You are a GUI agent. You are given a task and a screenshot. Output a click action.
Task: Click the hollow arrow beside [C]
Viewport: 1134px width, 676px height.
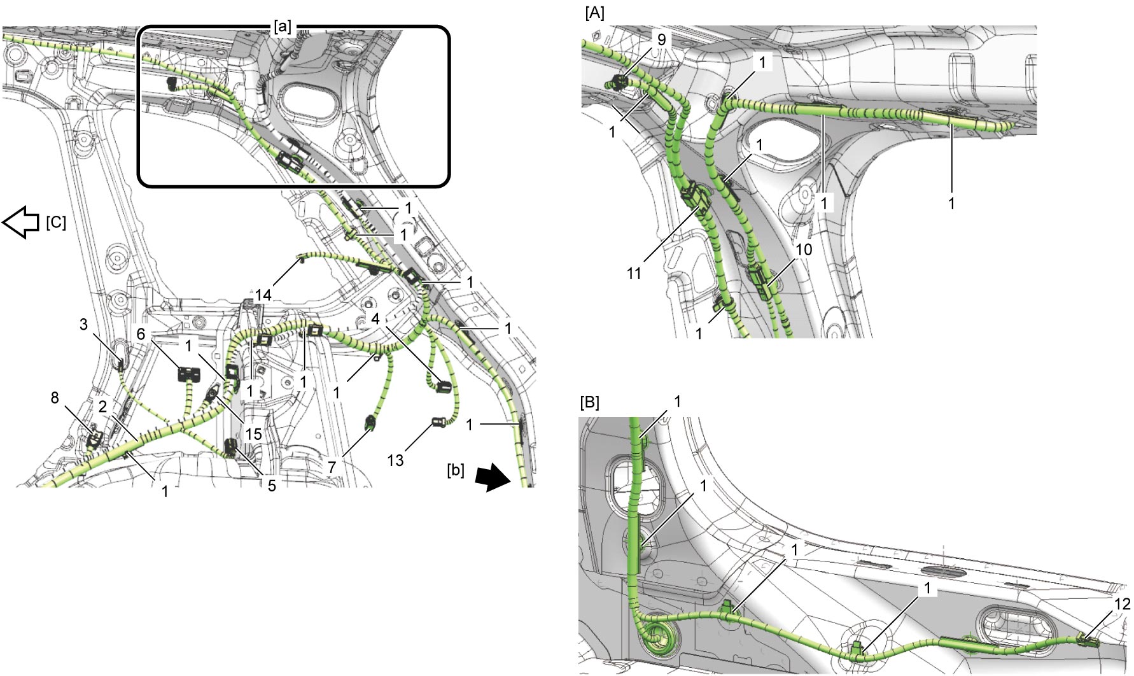coord(22,222)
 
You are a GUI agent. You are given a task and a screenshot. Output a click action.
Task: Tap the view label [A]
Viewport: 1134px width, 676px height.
coord(594,13)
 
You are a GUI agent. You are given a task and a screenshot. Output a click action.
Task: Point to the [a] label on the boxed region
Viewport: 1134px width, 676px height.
coord(283,27)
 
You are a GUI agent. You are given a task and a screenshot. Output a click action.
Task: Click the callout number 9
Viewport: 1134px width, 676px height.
coord(661,39)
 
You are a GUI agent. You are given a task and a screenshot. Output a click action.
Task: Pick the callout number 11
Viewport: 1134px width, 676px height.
coord(634,274)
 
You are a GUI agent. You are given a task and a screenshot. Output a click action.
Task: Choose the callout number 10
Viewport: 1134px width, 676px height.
coord(804,250)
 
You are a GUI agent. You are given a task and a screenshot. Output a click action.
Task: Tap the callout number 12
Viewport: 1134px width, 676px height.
coord(1123,603)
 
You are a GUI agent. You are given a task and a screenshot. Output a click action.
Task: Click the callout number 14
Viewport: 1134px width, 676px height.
coord(263,295)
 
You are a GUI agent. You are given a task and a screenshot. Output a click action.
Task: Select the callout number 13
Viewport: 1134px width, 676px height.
coord(395,460)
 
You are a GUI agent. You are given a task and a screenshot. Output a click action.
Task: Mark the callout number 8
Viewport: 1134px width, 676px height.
coord(55,398)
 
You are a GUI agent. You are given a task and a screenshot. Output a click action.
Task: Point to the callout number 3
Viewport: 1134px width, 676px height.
coord(83,325)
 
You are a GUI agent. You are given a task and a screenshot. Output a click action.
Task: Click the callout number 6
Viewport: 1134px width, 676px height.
coord(141,334)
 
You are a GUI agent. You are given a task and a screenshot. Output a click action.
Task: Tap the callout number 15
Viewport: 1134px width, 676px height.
coord(254,433)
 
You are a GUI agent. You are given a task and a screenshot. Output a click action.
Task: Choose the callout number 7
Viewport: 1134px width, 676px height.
coord(332,467)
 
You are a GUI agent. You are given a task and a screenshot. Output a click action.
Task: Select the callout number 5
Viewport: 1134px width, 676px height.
coord(272,486)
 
